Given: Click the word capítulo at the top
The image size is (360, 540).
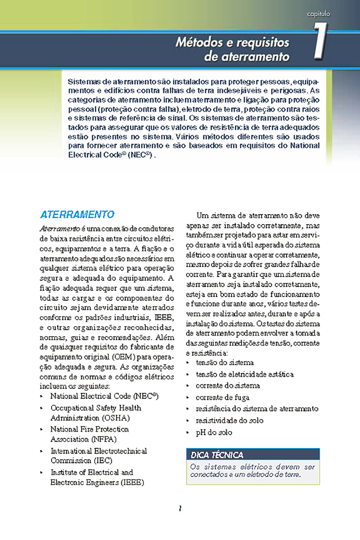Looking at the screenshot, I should click(319, 14).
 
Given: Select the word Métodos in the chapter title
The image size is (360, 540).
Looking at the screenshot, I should click(197, 42).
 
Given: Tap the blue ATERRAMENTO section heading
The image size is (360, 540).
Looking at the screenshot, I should click(77, 215).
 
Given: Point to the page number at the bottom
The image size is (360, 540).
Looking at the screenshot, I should click(180, 509).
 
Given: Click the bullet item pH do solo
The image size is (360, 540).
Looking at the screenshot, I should click(214, 432).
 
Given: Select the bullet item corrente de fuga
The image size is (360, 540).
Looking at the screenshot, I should click(222, 397).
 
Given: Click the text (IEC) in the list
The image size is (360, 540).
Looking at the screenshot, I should click(104, 460).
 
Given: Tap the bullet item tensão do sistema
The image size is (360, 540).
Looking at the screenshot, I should click(224, 363).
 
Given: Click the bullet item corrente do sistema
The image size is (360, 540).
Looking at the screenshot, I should click(228, 386).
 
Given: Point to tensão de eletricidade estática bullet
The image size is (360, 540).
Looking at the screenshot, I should click(244, 374).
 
